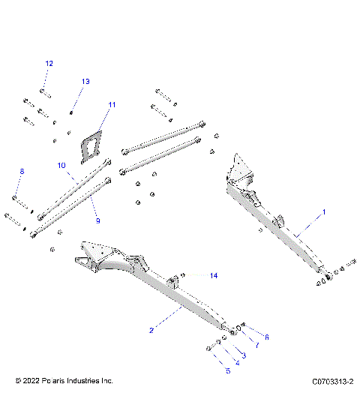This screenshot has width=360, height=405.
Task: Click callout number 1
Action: click(x=324, y=213)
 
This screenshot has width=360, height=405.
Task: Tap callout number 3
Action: click(x=243, y=354)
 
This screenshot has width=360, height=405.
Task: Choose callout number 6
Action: click(x=265, y=337)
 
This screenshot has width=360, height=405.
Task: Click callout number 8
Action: click(x=22, y=172)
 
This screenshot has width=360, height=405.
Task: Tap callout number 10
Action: click(x=62, y=164)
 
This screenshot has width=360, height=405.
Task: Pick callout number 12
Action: click(x=49, y=64)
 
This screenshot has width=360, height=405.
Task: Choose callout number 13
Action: click(x=85, y=81)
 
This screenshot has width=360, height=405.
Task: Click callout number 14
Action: click(x=214, y=276)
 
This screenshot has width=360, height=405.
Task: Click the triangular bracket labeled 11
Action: click(x=92, y=143)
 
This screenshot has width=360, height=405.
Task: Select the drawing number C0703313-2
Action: click(x=331, y=382)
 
